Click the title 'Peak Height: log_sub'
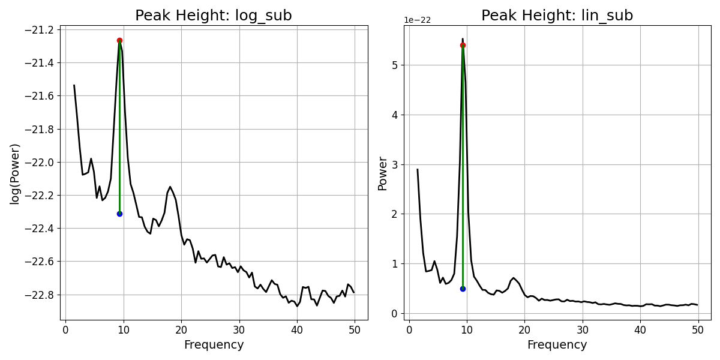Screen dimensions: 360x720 pos(214,16)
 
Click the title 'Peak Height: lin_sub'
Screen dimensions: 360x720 pos(557,16)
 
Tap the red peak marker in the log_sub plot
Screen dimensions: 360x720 pos(119,41)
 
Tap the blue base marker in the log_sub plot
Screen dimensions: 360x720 pos(119,214)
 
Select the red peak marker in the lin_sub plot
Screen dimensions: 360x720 pos(463,45)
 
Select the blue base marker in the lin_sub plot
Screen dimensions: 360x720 pos(463,289)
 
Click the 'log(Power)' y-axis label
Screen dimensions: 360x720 pos(15,173)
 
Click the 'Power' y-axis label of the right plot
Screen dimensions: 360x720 pos(382,173)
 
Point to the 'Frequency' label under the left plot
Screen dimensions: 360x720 pos(214,345)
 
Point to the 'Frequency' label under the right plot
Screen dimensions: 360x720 pos(557,345)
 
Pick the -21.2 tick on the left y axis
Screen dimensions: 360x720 pos(40,30)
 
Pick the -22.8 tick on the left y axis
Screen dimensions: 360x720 pos(40,295)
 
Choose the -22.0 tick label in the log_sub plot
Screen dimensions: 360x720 pos(40,163)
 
